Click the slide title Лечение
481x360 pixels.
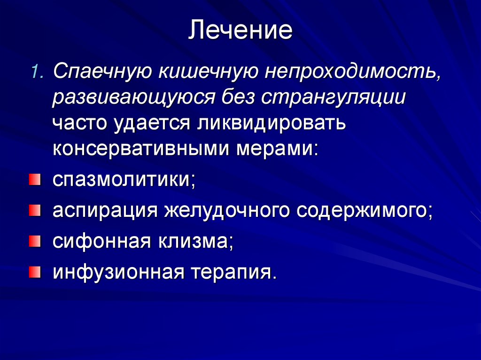point(240,31)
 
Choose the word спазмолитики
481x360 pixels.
point(123,180)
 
